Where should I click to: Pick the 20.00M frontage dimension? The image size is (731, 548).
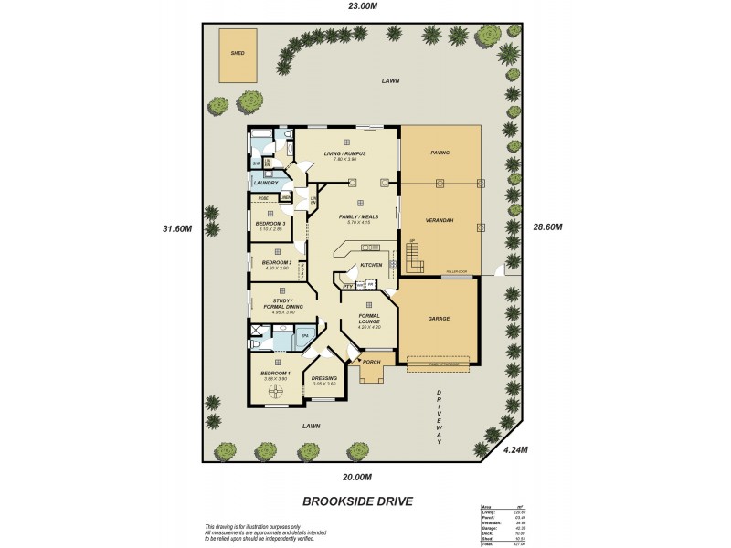(356, 477)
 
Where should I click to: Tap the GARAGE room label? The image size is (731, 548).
(439, 320)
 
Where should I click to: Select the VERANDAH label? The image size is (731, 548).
(440, 221)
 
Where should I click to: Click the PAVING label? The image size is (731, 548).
(440, 153)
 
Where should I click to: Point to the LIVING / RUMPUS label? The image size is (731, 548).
(344, 153)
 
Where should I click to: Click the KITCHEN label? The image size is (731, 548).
(370, 265)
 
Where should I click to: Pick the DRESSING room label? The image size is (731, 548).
(324, 378)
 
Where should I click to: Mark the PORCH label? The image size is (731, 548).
(371, 362)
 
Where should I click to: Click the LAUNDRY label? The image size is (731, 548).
(266, 183)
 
